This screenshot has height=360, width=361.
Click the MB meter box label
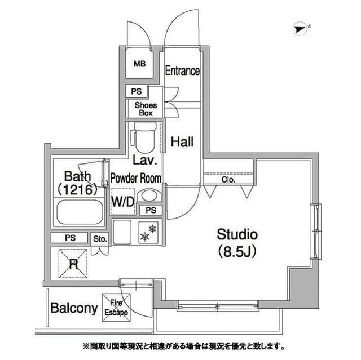click(139, 64)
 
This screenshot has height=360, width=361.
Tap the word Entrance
click(182, 70)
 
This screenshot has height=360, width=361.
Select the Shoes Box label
click(146, 109)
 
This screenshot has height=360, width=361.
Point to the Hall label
click(182, 142)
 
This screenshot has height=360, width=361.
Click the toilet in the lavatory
click(144, 137)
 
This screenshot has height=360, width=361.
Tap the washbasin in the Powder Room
click(149, 196)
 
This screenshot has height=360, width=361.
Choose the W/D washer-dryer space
click(123, 201)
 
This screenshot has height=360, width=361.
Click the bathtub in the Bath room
click(80, 212)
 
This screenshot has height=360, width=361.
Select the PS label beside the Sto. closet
click(70, 238)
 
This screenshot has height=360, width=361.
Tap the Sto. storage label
click(100, 239)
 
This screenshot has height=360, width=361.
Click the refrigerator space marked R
click(73, 264)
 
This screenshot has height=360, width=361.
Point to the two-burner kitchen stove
click(148, 233)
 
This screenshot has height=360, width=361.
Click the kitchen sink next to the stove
click(122, 232)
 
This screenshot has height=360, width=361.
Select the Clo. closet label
click(228, 180)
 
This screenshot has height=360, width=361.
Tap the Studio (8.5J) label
click(237, 243)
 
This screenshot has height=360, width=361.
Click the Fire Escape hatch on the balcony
click(116, 308)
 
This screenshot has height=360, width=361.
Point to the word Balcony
click(74, 308)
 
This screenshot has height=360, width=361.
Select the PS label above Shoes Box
click(137, 91)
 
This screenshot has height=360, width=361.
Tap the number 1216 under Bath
click(78, 190)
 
